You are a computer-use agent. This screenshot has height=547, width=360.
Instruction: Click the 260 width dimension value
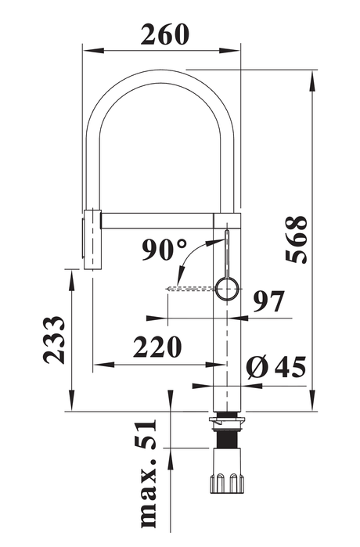click(164, 34)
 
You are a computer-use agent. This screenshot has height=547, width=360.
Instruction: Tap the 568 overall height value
click(297, 239)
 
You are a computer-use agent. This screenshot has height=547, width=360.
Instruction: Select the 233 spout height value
click(54, 340)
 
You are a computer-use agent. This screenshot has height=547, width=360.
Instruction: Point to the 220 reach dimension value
click(157, 347)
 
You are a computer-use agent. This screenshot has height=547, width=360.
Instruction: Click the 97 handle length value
click(268, 301)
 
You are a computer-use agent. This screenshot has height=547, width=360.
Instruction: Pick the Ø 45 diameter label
click(276, 367)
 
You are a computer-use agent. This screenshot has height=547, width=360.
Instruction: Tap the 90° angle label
click(164, 250)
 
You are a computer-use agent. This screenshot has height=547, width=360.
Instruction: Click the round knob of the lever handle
click(228, 289)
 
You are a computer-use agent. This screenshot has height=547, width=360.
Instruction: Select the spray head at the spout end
click(93, 239)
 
